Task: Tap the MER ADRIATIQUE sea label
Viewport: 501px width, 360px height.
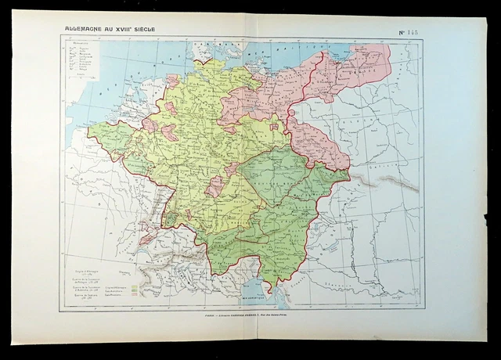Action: [275, 298]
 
